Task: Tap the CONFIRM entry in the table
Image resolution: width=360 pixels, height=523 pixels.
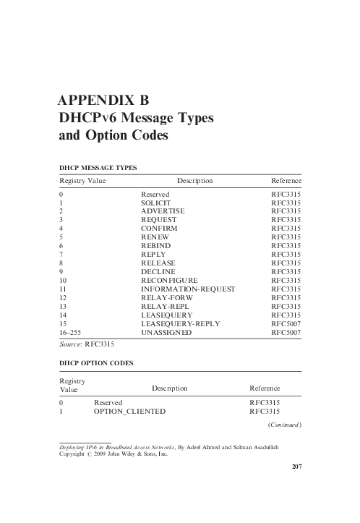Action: pyautogui.click(x=159, y=228)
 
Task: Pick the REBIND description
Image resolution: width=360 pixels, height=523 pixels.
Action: pyautogui.click(x=156, y=245)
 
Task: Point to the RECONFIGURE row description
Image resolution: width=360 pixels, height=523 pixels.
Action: pyautogui.click(x=169, y=280)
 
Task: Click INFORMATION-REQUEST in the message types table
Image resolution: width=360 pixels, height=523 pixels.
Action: pyautogui.click(x=188, y=289)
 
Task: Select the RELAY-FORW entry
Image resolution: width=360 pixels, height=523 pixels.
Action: pyautogui.click(x=166, y=297)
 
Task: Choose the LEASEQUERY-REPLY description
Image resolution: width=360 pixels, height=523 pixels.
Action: pyautogui.click(x=181, y=323)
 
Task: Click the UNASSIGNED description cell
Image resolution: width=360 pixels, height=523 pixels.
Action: pyautogui.click(x=166, y=332)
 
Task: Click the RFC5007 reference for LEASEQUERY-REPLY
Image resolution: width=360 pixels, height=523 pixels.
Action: pyautogui.click(x=286, y=323)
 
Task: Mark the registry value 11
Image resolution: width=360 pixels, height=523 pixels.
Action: pyautogui.click(x=63, y=289)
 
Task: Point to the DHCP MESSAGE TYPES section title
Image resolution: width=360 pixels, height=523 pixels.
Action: pyautogui.click(x=98, y=168)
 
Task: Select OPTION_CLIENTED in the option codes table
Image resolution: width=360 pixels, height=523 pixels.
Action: pyautogui.click(x=129, y=412)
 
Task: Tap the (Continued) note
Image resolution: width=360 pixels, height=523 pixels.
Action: pyautogui.click(x=284, y=424)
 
